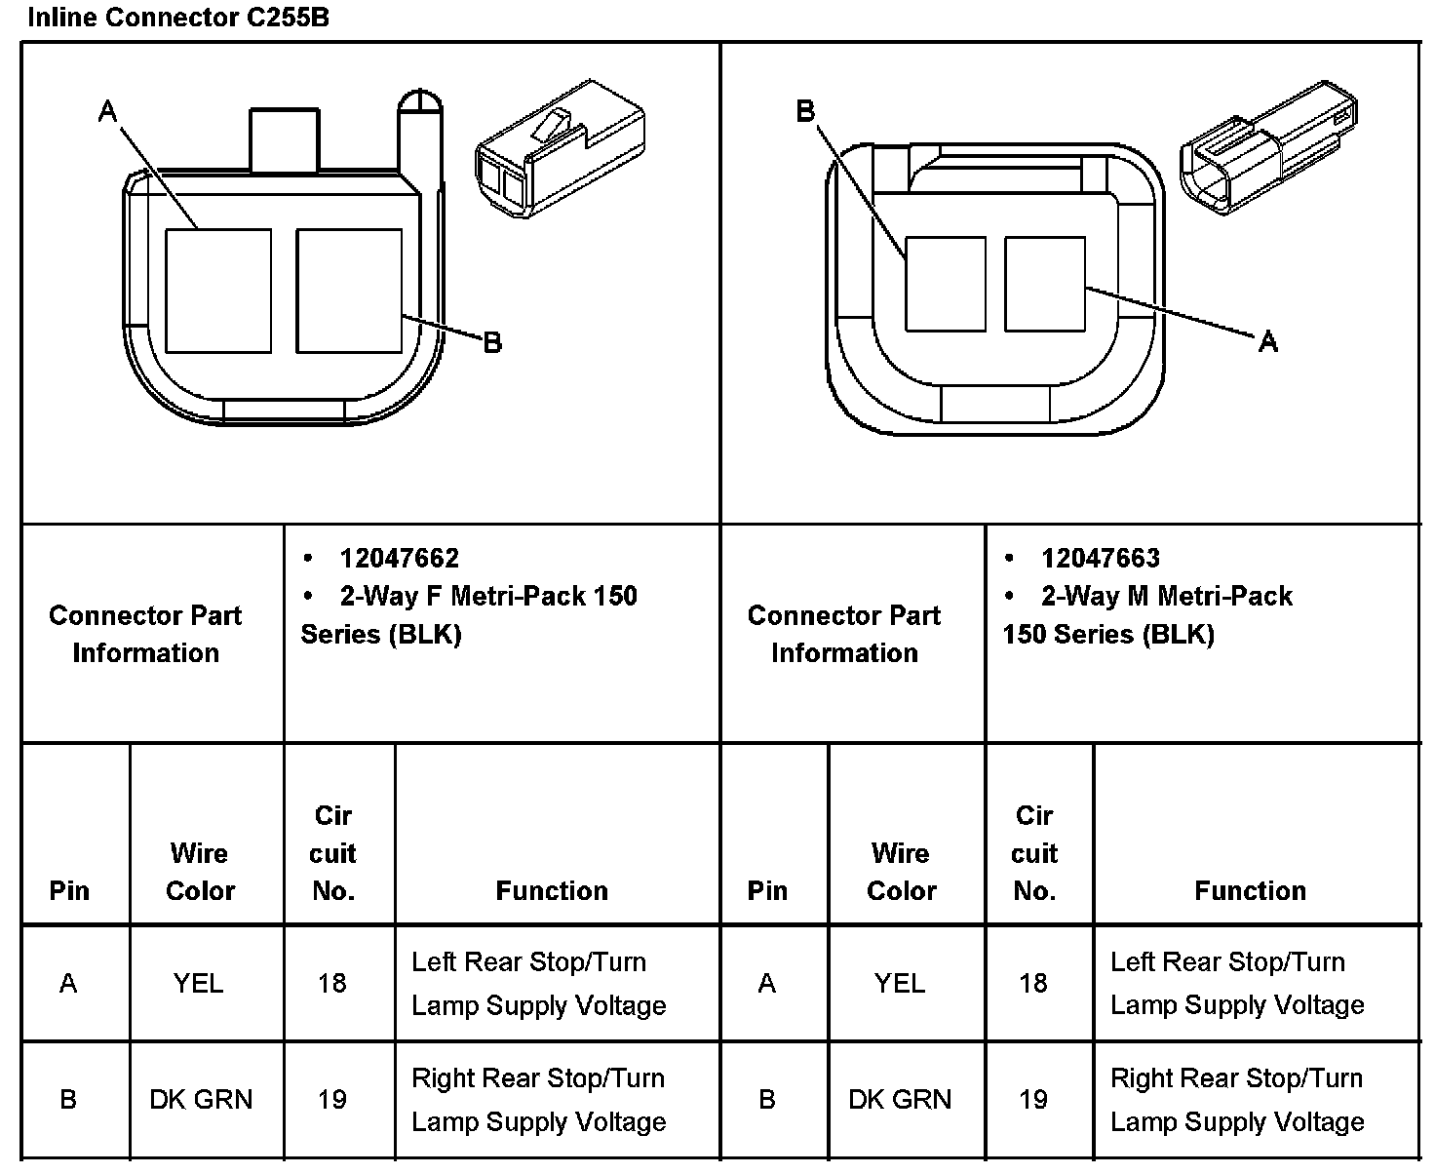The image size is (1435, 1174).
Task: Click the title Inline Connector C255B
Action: [178, 17]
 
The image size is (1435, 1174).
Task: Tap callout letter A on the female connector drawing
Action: [107, 111]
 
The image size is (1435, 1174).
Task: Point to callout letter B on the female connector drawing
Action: [492, 342]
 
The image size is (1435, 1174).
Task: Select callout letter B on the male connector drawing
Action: [805, 111]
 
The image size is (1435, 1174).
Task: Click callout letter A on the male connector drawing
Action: [1267, 341]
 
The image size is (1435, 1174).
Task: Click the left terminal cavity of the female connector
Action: [218, 291]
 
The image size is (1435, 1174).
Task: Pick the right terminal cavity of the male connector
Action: [1044, 284]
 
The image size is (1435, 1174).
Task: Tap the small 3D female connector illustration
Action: [560, 148]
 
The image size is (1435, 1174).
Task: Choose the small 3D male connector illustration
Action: [1268, 147]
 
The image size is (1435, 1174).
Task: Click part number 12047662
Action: [400, 558]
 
